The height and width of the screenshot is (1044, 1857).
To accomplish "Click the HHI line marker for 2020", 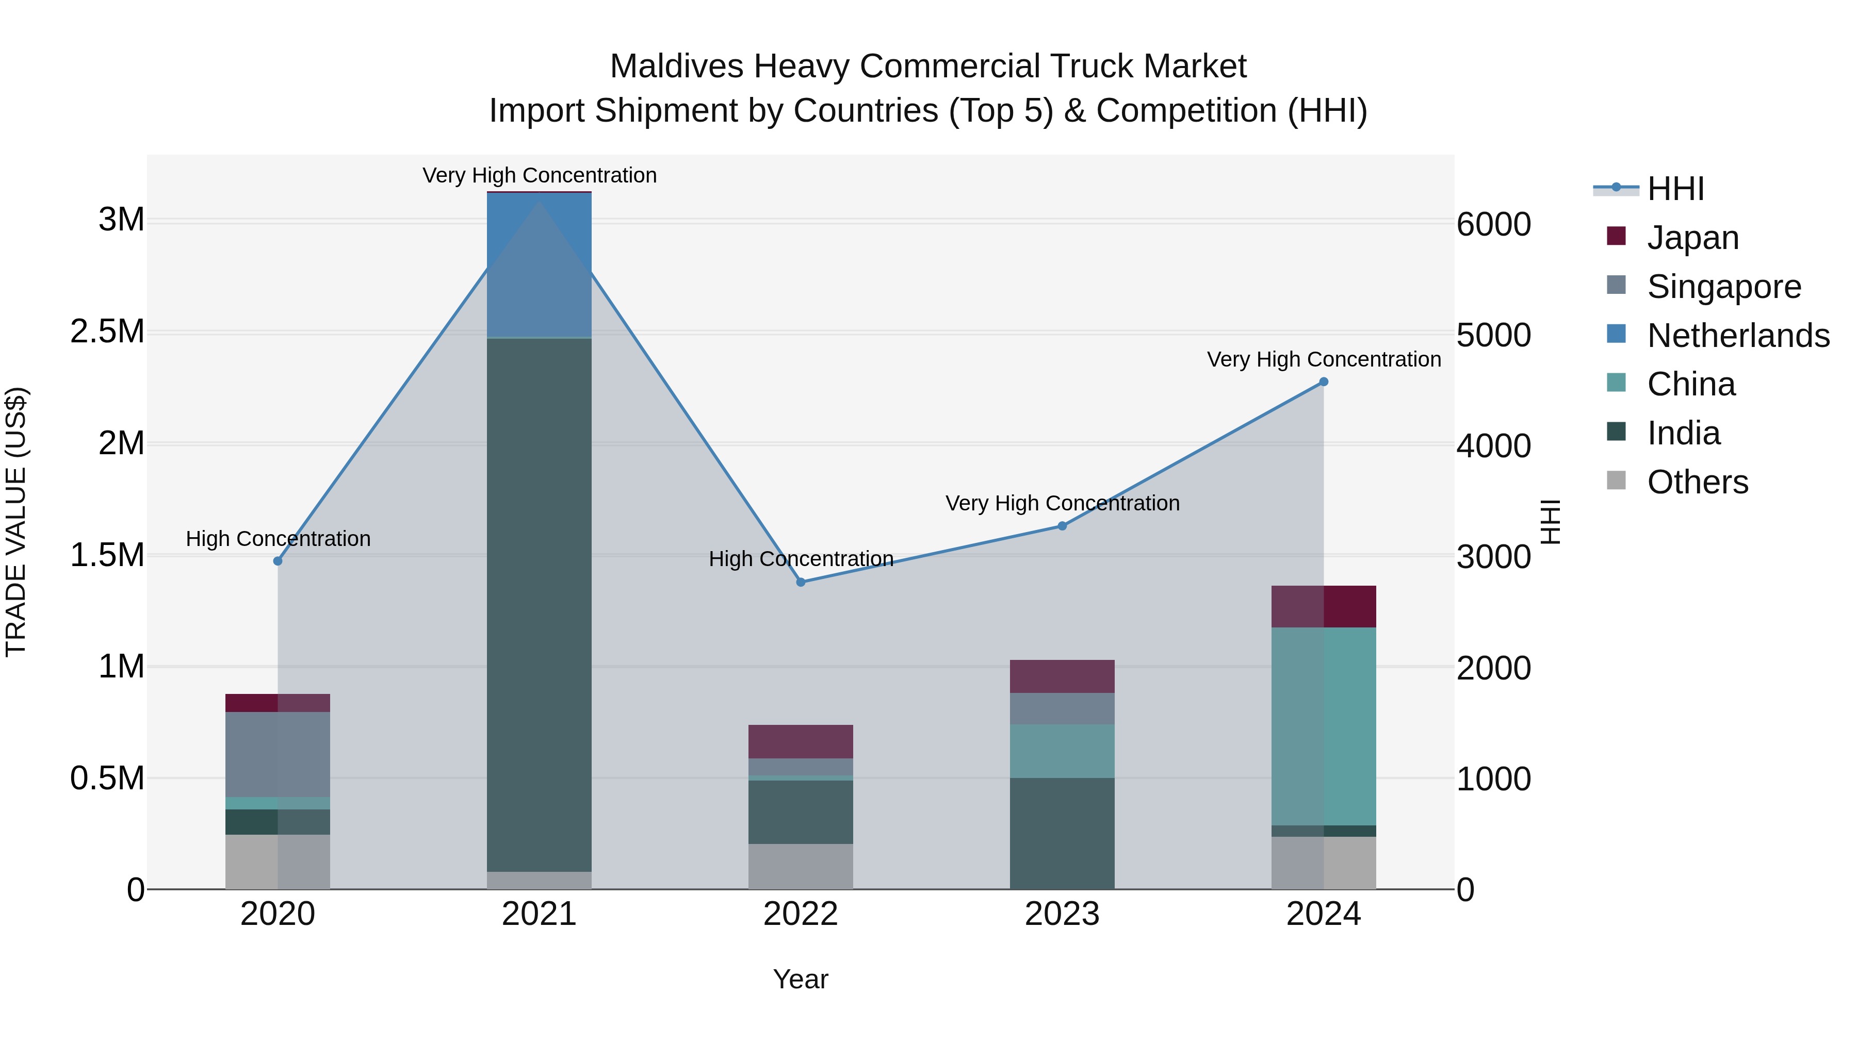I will click(x=278, y=560).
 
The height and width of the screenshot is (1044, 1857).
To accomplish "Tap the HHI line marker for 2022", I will click(x=800, y=582).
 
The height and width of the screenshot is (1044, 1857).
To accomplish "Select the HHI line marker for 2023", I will click(x=1062, y=526).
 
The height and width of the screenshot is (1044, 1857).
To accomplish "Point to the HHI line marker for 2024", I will click(x=1324, y=382).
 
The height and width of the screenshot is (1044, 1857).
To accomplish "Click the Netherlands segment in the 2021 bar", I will click(x=539, y=264).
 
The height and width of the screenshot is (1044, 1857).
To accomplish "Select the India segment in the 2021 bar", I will click(x=539, y=605).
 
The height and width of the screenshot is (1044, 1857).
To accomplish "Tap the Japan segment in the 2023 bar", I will click(x=1062, y=676).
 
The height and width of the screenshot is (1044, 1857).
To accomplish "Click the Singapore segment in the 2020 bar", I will click(x=278, y=754).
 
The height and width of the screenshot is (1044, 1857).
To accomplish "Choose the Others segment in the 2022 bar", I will click(x=800, y=866).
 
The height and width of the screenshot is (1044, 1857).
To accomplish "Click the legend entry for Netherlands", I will click(x=1737, y=336).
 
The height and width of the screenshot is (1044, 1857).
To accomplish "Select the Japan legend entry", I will click(x=1692, y=238).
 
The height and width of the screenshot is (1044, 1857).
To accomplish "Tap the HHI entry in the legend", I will click(x=1674, y=189).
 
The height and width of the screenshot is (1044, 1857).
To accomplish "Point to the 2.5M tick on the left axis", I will click(x=107, y=332).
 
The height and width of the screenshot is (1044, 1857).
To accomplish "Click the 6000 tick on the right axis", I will click(x=1494, y=224).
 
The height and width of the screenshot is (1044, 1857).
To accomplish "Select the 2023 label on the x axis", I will click(x=1062, y=914).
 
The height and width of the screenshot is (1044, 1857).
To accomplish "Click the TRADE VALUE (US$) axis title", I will click(x=16, y=522).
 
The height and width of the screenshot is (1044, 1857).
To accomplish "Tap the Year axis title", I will click(x=800, y=979).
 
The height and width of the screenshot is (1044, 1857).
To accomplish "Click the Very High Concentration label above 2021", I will click(x=539, y=175).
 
